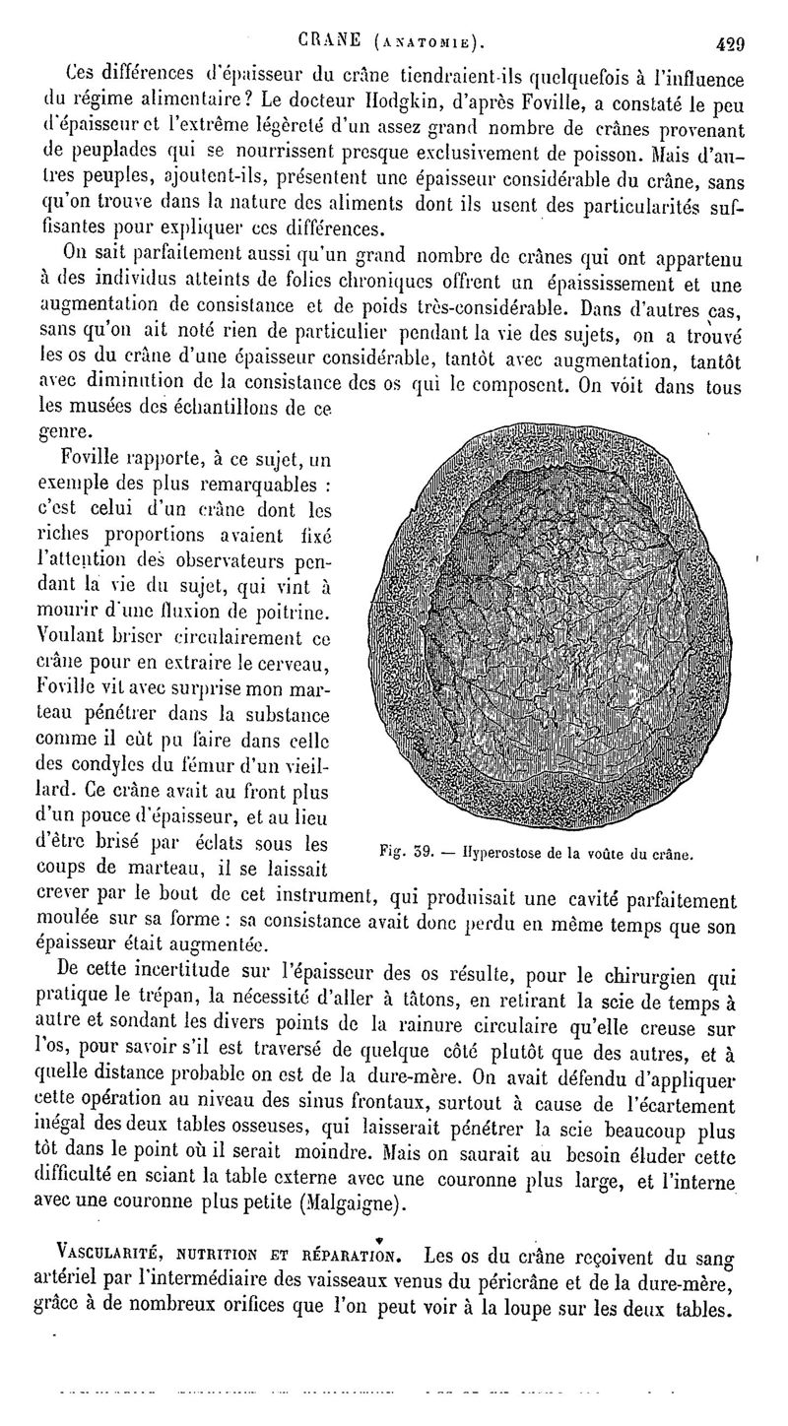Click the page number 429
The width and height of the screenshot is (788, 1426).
[727, 42]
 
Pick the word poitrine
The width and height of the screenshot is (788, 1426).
[290, 614]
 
